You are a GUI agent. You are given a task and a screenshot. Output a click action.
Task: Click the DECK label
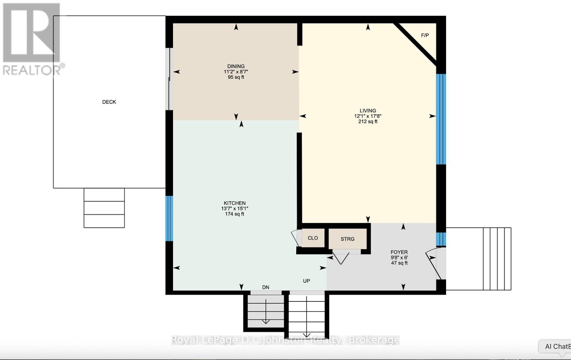pyautogui.click(x=109, y=102)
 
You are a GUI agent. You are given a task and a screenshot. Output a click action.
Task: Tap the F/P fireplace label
pyautogui.click(x=425, y=35)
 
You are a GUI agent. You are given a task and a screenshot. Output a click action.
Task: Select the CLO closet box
pyautogui.click(x=313, y=238)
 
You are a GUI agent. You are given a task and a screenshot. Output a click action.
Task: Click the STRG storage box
pyautogui.click(x=347, y=239)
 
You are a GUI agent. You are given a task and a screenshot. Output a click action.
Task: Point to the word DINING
pyautogui.click(x=236, y=66)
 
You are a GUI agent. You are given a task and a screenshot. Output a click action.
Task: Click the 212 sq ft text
pyautogui.click(x=368, y=122)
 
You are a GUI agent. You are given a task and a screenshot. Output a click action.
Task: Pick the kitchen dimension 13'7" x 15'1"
pyautogui.click(x=234, y=209)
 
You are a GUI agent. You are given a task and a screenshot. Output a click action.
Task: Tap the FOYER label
pyautogui.click(x=399, y=252)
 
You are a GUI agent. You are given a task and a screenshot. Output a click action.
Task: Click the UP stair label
pyautogui.click(x=306, y=281)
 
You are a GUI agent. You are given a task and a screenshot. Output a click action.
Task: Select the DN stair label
pyautogui.click(x=266, y=287)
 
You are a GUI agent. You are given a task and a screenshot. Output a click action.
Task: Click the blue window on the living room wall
pyautogui.click(x=441, y=119)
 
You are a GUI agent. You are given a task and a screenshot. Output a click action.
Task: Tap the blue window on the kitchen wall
pyautogui.click(x=170, y=218)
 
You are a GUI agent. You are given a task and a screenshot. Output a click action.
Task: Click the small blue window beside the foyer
pyautogui.click(x=441, y=239)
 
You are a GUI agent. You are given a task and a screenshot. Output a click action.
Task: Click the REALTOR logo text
pyautogui.click(x=34, y=70)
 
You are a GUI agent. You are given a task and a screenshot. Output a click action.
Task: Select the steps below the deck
pyautogui.click(x=104, y=208)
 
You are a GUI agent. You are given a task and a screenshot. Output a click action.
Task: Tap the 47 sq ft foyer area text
pyautogui.click(x=399, y=263)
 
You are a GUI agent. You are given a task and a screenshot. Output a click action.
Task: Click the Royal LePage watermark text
pyautogui.click(x=285, y=340)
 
